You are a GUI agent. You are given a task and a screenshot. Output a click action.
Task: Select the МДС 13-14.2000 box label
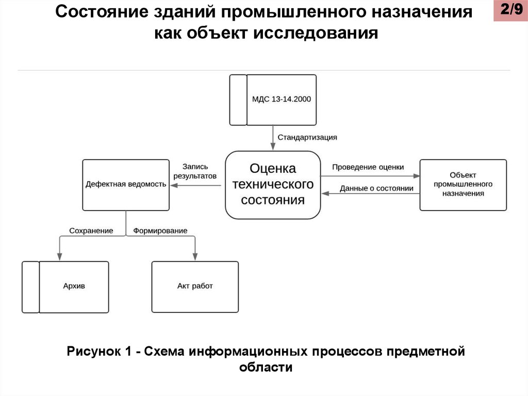pyautogui.click(x=282, y=100)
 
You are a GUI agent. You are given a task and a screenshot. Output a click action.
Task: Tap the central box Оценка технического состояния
pyautogui.click(x=273, y=184)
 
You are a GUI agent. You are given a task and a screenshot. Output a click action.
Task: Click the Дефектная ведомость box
pyautogui.click(x=126, y=184)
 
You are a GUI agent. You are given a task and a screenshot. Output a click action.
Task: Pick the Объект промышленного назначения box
pyautogui.click(x=463, y=184)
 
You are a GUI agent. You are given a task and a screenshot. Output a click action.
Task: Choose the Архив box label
pyautogui.click(x=74, y=286)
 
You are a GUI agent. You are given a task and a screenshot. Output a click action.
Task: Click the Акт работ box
pyautogui.click(x=195, y=286)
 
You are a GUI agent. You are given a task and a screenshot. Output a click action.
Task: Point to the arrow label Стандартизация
pyautogui.click(x=307, y=137)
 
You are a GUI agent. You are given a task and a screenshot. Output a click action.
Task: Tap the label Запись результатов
pyautogui.click(x=195, y=171)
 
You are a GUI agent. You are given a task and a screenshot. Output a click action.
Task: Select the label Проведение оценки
pyautogui.click(x=368, y=167)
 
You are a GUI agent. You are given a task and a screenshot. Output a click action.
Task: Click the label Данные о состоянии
pyautogui.click(x=376, y=188)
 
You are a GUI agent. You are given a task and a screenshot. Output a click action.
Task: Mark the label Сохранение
pyautogui.click(x=92, y=231)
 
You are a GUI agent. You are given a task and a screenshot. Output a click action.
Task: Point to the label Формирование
pyautogui.click(x=160, y=231)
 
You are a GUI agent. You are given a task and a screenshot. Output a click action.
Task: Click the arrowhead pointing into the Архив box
pyautogui.click(x=59, y=257)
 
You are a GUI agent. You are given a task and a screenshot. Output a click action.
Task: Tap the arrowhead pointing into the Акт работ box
pyautogui.click(x=195, y=257)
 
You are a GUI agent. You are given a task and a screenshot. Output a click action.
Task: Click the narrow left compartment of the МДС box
pyautogui.click(x=238, y=100)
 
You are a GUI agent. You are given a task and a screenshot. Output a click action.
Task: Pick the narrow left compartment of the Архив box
pyautogui.click(x=30, y=287)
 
